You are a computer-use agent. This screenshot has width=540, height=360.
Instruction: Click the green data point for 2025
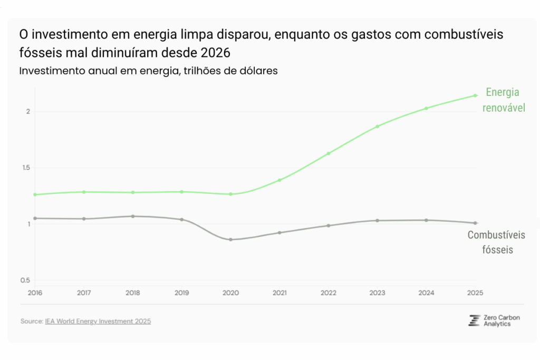475,95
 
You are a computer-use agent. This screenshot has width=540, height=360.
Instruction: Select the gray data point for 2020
230,240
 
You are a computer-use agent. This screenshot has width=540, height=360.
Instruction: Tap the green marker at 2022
329,153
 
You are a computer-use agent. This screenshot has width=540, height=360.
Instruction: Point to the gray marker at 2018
133,216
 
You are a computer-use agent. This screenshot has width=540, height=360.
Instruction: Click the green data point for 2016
35,194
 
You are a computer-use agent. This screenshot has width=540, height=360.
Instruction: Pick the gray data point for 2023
377,220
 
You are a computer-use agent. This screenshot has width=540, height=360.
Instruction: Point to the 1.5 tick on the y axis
25,168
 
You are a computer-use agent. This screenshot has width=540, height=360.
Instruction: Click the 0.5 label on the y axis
25,280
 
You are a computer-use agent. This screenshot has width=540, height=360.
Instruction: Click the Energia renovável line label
503,100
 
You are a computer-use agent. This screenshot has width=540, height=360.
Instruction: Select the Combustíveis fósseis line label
497,242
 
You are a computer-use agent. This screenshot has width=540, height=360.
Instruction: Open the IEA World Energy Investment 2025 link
98,321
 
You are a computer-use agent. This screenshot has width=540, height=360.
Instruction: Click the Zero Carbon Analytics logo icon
474,320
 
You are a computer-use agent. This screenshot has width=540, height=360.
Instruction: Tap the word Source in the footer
31,321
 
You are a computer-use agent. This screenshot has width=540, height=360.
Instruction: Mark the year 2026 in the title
216,54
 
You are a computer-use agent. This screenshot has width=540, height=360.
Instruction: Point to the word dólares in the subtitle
258,71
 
